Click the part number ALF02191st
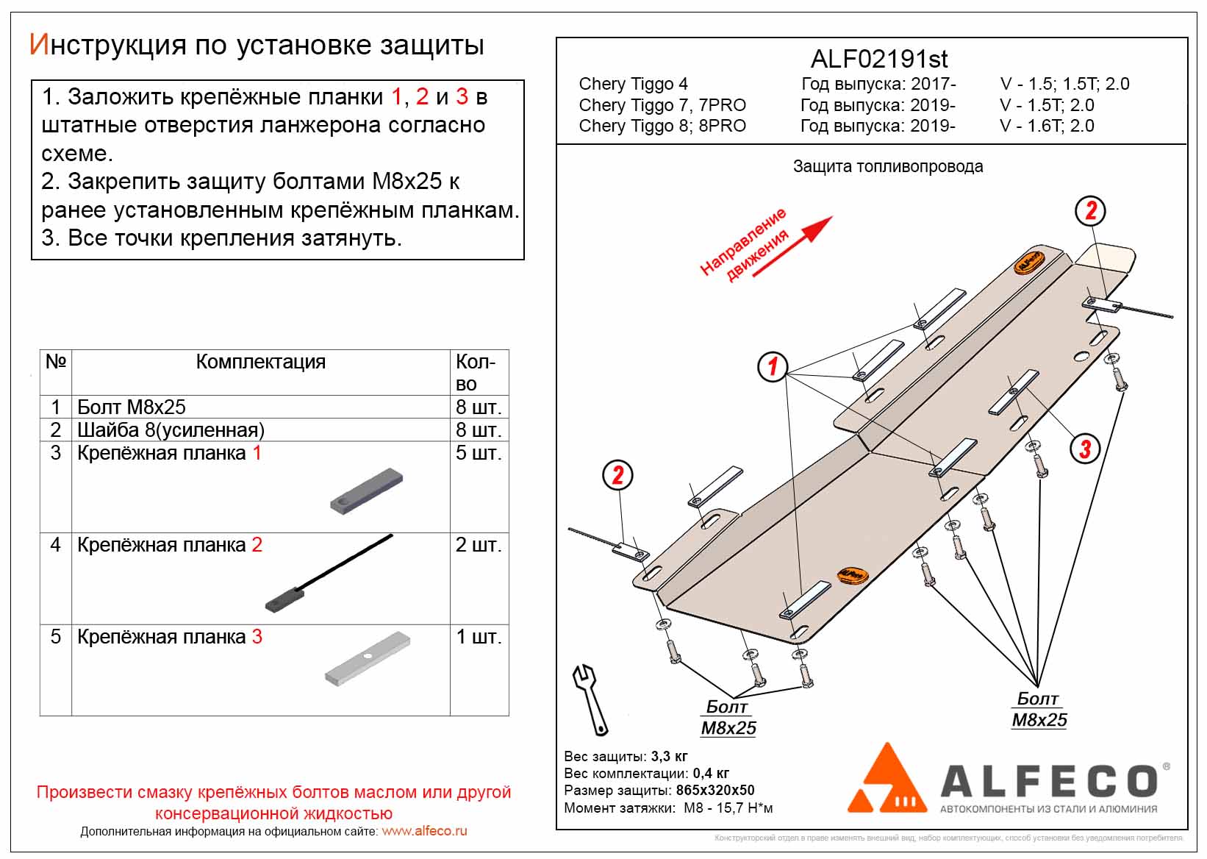[x=879, y=59]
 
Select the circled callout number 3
[x=1085, y=448]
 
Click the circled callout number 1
[x=773, y=366]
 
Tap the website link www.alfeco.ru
[x=424, y=831]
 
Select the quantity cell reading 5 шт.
[x=479, y=453]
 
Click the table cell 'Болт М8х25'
[x=132, y=407]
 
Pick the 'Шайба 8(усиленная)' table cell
[x=171, y=429]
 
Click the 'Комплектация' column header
[x=260, y=362]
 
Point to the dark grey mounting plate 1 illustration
[x=367, y=491]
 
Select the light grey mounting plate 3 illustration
[x=367, y=657]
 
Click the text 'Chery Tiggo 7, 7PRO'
[x=662, y=105]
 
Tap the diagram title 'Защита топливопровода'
[x=887, y=167]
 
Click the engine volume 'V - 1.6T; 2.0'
[x=1047, y=126]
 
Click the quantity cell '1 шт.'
[x=479, y=637]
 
